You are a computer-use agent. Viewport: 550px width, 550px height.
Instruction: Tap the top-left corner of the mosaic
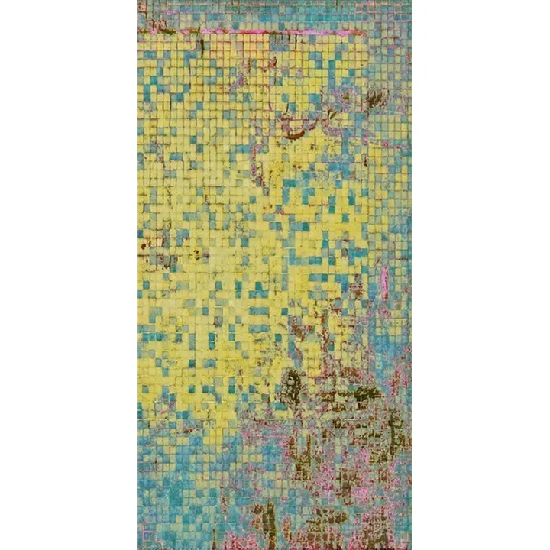[138, 1]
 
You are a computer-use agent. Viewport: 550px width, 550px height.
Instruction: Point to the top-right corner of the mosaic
[411, 1]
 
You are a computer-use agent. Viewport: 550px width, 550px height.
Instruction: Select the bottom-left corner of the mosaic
[138, 548]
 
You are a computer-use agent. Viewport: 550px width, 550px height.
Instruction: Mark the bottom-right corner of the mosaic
[411, 548]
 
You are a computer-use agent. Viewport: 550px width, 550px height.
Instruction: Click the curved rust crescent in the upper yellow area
[294, 134]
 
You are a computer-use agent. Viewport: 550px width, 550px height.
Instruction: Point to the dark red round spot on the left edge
[143, 246]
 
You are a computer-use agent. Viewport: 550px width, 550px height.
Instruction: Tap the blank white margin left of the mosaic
[69, 275]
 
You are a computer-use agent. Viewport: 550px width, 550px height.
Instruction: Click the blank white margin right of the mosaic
[481, 275]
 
